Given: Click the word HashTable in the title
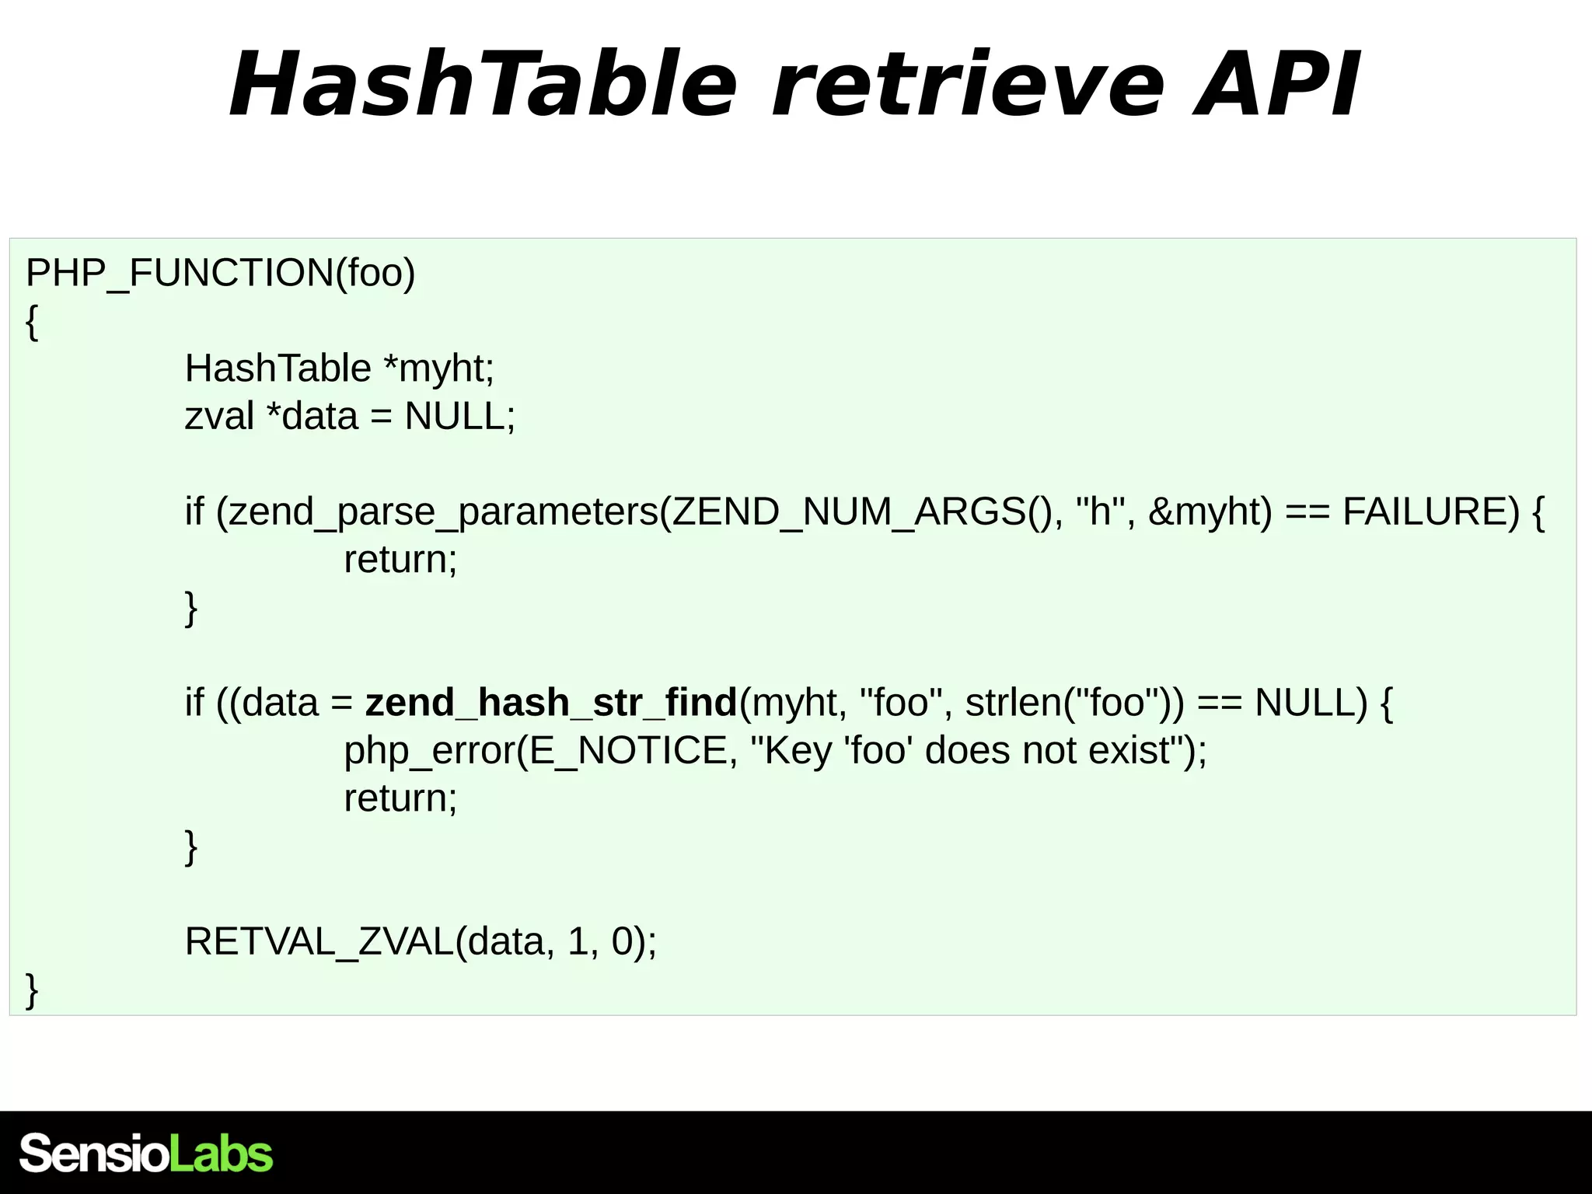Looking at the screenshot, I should [482, 84].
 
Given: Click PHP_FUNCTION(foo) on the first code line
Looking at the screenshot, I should [221, 273].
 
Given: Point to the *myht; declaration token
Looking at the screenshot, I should [439, 368].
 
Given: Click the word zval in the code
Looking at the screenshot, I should [219, 417].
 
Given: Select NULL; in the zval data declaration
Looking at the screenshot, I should [459, 417].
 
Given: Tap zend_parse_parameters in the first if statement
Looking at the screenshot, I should [443, 512].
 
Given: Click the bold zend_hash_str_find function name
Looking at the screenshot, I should [551, 703].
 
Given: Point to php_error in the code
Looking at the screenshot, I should [430, 751].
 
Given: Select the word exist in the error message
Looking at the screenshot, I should [1129, 751].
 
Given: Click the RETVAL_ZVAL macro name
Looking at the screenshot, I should [319, 942].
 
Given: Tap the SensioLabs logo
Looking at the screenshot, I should [146, 1154].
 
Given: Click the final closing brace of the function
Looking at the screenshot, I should [32, 990].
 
